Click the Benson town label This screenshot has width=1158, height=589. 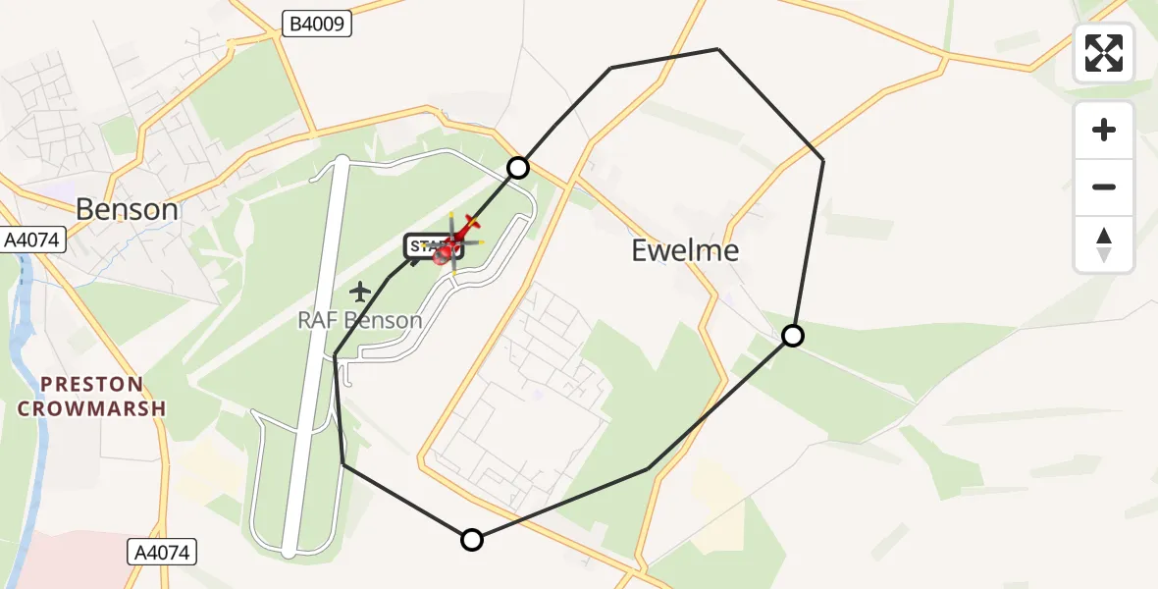128,209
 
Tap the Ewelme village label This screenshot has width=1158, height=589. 685,250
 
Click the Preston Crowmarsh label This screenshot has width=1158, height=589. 93,396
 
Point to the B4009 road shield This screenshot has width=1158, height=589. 316,25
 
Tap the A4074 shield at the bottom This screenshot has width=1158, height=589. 162,553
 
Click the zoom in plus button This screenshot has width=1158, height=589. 1104,130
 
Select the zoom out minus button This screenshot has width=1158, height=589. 1104,187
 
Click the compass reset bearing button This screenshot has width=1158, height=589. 1104,243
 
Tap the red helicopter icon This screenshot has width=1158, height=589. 459,237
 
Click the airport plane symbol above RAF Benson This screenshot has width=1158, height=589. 360,292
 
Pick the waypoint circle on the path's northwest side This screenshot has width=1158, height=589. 518,168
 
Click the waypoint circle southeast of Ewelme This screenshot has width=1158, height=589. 792,336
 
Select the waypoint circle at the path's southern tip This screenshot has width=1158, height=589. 472,539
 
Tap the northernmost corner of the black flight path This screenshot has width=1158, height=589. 717,49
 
